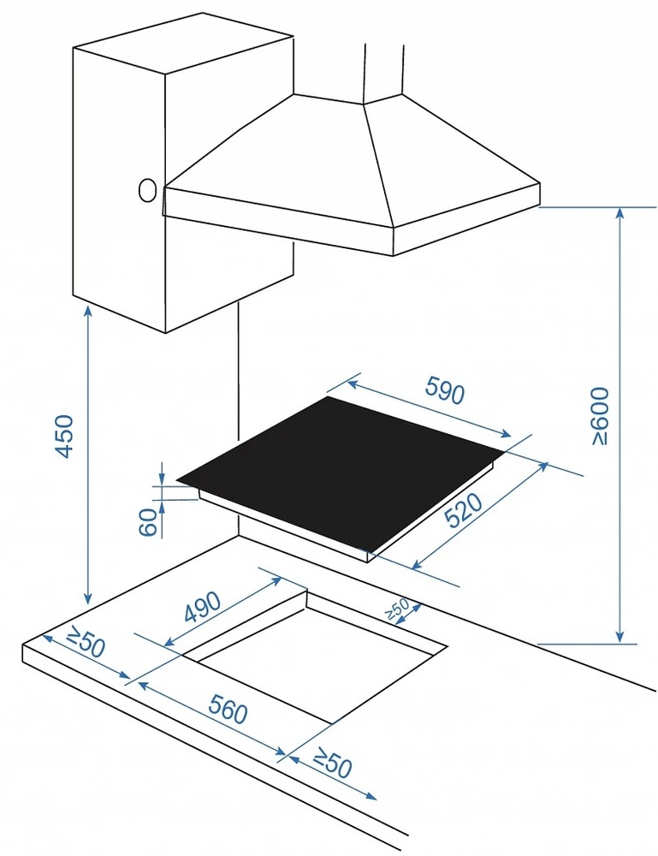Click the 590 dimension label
click(445, 390)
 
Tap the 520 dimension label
click(464, 511)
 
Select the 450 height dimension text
click(65, 437)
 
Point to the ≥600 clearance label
click(600, 416)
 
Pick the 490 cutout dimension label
click(203, 607)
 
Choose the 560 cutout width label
click(228, 710)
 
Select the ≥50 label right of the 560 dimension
click(332, 763)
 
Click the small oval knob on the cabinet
click(147, 191)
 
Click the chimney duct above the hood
click(384, 73)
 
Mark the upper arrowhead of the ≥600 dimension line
click(619, 213)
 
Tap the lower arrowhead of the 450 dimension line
click(88, 598)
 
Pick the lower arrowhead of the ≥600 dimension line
click(619, 638)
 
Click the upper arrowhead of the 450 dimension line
click(88, 311)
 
